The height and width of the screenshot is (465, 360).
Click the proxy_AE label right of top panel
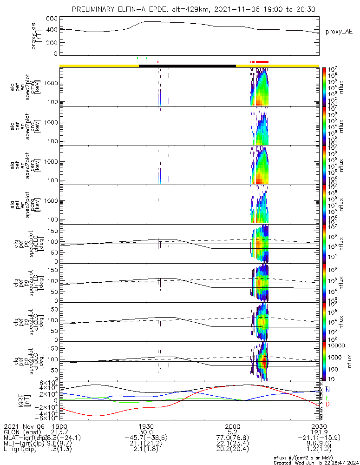click(x=339, y=32)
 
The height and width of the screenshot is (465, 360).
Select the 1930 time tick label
click(x=146, y=426)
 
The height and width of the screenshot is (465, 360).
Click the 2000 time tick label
click(x=232, y=426)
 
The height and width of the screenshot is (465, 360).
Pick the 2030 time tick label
click(x=319, y=426)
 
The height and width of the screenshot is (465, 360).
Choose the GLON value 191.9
click(x=319, y=432)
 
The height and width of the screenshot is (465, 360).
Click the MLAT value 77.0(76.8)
click(x=232, y=438)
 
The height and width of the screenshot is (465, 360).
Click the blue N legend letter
click(x=328, y=389)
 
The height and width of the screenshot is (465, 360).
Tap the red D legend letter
click(x=328, y=405)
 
